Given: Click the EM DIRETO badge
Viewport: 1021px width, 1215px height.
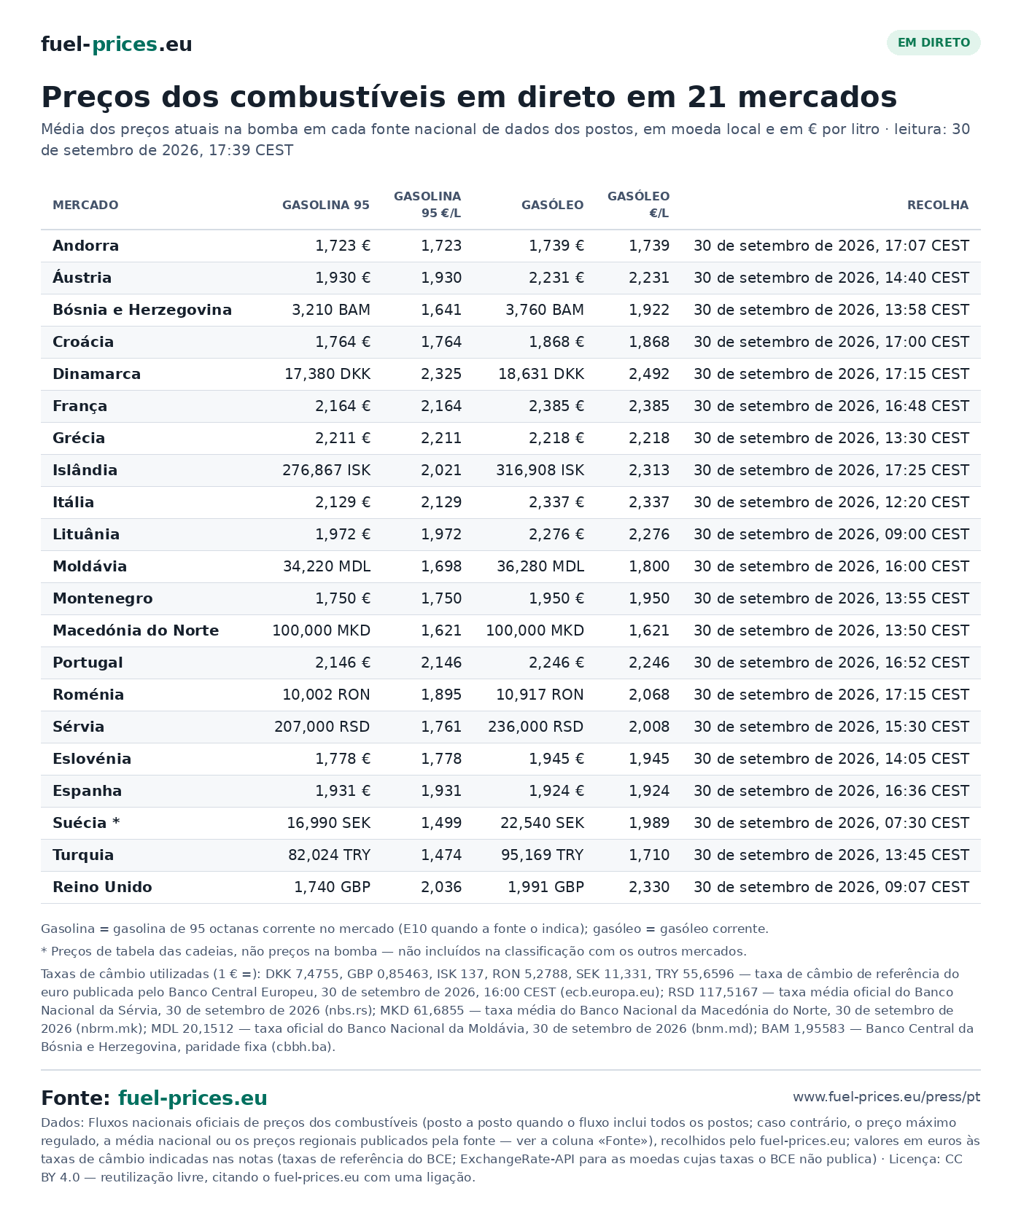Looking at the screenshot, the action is point(933,43).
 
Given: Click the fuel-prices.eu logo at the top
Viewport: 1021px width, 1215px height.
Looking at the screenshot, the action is point(117,44).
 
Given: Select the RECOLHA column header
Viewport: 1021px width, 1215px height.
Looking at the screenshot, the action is point(938,206).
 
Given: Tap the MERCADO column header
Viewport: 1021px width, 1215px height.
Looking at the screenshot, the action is point(85,206).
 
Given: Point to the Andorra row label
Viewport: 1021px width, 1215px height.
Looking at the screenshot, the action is point(85,246).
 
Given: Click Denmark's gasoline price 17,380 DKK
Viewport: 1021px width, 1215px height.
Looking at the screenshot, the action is point(327,374).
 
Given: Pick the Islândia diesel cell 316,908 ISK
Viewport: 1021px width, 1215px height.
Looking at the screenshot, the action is point(540,470).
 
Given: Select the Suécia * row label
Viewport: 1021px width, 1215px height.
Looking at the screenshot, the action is point(86,823).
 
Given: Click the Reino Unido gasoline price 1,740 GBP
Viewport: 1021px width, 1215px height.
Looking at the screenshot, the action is point(333,887).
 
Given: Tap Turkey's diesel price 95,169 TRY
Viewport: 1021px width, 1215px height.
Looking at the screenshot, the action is point(543,855).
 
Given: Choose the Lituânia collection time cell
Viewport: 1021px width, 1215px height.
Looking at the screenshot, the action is point(831,534).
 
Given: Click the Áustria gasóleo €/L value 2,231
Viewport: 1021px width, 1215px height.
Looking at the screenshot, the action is point(649,278).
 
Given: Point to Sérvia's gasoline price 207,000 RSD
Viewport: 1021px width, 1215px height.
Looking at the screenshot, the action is point(322,727).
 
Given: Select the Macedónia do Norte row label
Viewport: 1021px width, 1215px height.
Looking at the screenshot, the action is point(136,630).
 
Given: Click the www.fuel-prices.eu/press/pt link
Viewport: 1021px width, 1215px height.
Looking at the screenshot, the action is point(887,1097).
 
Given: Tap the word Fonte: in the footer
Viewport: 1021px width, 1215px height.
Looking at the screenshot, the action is point(76,1098).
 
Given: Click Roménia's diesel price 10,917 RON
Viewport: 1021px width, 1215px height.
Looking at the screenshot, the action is point(540,695).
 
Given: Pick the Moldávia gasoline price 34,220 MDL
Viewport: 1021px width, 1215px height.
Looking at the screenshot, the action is point(327,566).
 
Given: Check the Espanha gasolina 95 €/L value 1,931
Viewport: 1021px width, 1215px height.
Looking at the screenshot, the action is point(441,791).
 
